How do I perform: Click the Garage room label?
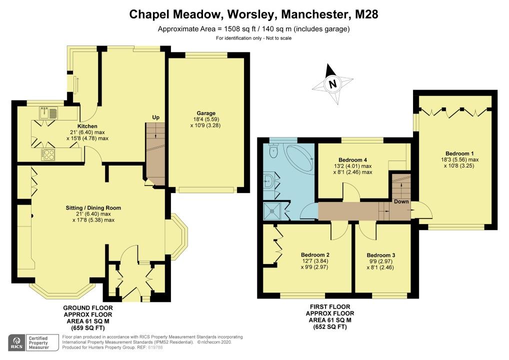206,113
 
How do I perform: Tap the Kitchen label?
87,126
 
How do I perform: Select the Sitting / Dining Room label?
93,208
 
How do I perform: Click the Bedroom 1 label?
457,153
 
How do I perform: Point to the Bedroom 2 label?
315,255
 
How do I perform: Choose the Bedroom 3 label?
381,255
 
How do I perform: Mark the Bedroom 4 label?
352,160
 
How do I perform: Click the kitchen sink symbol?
48,112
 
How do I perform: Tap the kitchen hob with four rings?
48,154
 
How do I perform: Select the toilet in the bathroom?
273,150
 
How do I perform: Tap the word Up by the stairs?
156,117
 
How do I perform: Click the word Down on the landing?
401,201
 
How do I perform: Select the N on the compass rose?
332,84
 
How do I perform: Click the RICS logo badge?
17,343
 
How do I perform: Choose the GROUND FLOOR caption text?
88,308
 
